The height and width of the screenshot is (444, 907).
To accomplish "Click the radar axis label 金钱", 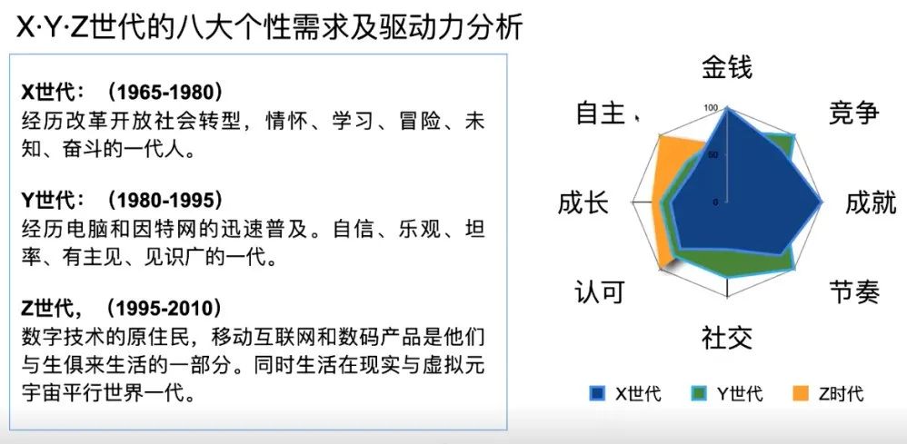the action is [x=727, y=67].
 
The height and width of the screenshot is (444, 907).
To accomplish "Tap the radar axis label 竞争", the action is [x=853, y=113].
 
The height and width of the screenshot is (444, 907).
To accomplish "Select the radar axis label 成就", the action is [x=871, y=203].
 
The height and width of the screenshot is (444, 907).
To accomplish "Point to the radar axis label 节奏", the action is [x=853, y=291].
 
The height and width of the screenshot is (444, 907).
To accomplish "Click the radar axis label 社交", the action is [x=727, y=338].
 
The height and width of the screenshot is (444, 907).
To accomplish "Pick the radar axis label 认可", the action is [x=600, y=291].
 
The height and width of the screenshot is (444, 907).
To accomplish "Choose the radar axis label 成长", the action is [x=583, y=203].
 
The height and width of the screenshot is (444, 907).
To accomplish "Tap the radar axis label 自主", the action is [x=601, y=113].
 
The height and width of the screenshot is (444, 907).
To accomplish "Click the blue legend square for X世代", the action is [x=597, y=394].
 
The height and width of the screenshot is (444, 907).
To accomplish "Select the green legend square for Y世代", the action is [x=700, y=394].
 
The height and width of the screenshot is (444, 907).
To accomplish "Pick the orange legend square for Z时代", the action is [x=801, y=394].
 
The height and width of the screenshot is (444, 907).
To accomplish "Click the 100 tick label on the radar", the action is [x=711, y=108].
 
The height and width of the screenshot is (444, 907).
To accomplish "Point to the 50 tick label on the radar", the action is [x=713, y=155].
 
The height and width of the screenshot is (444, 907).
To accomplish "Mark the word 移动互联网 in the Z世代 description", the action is [x=266, y=337].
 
